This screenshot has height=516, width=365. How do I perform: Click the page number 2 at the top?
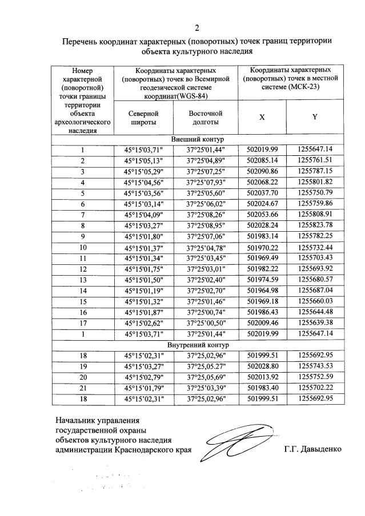[197, 27]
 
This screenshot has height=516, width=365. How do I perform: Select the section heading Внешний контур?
[198, 139]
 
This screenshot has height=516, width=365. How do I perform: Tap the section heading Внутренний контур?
[198, 345]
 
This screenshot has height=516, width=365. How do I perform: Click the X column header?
[262, 117]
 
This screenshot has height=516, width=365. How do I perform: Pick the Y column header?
[315, 117]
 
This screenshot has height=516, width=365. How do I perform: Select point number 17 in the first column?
[83, 324]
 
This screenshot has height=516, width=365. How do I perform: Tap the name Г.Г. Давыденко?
[312, 449]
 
